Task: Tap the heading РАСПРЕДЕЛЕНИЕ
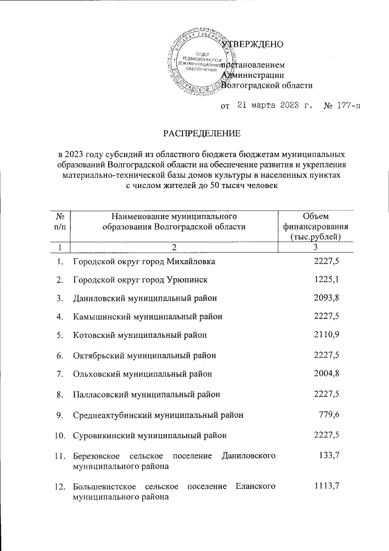(x=201, y=133)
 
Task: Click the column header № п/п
(x=60, y=222)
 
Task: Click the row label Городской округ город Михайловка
(x=143, y=262)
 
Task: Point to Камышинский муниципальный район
(x=147, y=317)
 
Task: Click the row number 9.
(x=59, y=415)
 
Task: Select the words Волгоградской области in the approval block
(x=266, y=86)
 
